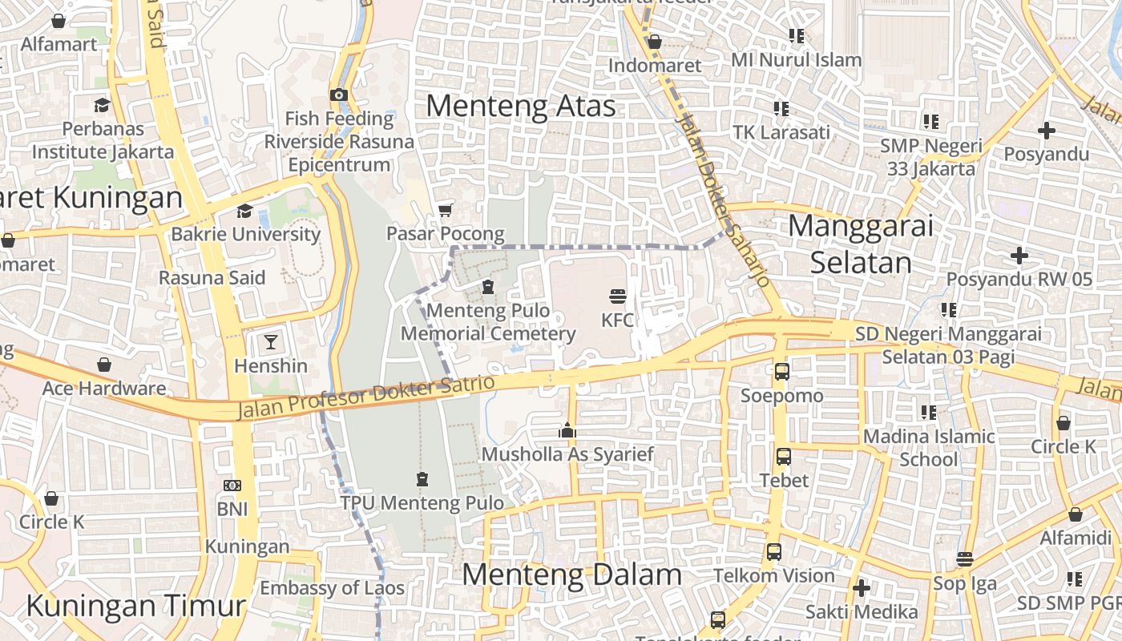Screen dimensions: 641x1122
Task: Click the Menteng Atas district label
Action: point(521,106)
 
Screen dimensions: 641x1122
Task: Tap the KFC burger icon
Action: point(617,296)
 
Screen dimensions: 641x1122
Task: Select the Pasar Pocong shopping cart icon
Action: point(446,210)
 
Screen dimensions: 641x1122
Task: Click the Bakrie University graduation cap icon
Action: point(244,211)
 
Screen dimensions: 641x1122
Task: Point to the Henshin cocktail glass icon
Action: point(271,342)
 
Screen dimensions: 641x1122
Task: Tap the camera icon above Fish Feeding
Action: point(339,95)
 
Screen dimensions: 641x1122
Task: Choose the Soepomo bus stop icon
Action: point(781,372)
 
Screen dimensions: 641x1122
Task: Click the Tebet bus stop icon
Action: point(784,457)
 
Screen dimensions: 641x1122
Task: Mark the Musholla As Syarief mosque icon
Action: point(567,431)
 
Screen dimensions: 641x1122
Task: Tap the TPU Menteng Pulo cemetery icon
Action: point(422,479)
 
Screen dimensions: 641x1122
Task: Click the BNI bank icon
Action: point(232,486)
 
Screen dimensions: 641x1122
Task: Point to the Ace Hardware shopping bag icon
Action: point(104,365)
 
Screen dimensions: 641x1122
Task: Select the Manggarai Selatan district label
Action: point(861,244)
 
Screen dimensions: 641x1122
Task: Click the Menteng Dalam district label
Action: point(571,574)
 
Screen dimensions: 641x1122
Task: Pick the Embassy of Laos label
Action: point(332,587)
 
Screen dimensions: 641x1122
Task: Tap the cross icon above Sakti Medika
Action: point(862,589)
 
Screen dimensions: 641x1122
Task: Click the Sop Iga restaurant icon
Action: point(965,559)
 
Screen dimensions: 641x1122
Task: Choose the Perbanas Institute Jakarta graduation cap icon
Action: point(102,105)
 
